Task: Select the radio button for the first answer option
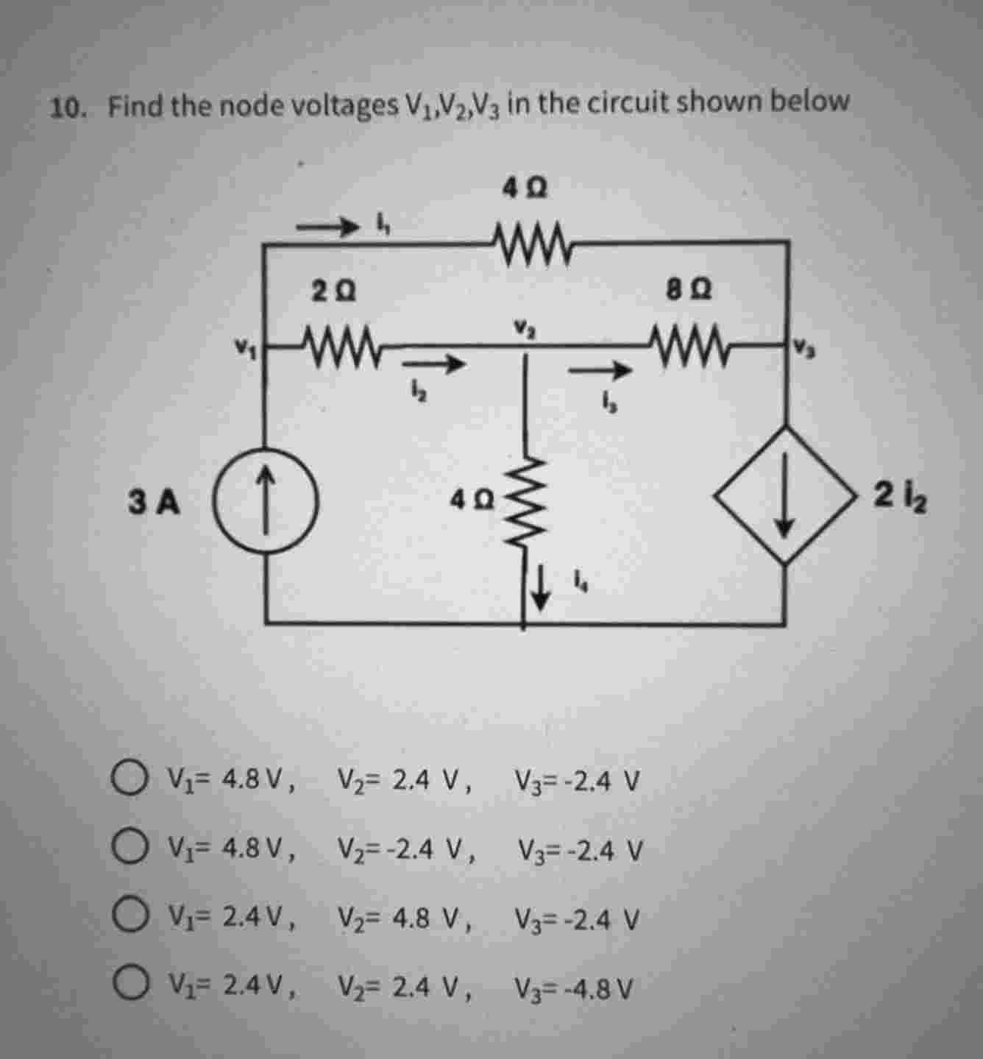point(129,778)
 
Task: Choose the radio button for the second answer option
point(129,849)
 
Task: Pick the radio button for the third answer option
point(129,918)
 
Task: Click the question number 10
point(66,108)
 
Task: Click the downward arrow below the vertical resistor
point(542,591)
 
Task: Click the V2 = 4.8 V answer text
point(404,918)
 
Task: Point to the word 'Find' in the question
point(136,107)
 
